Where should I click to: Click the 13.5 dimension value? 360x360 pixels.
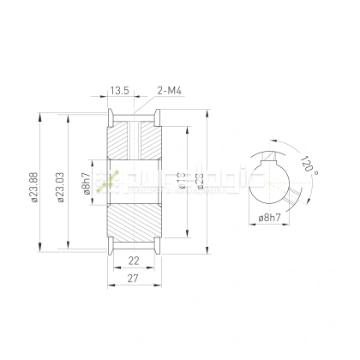point(119,88)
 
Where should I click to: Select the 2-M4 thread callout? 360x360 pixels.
point(169,88)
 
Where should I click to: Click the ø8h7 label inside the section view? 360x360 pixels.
point(87,184)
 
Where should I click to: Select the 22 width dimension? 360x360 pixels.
point(134,261)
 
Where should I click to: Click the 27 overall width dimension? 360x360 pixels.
point(134,279)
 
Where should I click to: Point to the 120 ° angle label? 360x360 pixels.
point(309,163)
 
